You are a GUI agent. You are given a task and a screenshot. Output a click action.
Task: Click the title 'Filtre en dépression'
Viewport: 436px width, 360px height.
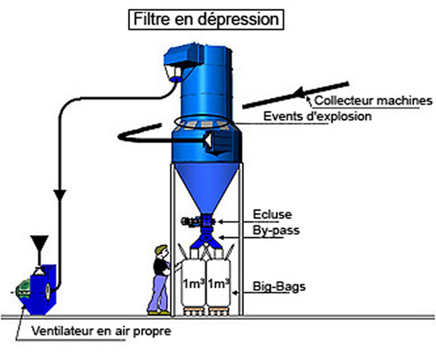(206, 19)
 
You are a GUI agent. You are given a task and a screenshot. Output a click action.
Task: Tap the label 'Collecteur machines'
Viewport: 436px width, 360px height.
(374, 100)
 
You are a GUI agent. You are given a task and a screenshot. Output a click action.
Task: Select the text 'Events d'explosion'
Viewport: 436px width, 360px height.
(318, 116)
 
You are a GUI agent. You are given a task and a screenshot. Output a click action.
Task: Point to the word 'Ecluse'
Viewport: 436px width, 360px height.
(272, 215)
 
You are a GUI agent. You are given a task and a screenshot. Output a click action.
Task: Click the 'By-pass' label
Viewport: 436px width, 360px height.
(276, 231)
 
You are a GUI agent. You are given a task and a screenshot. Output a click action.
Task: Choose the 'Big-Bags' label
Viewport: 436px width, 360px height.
(279, 287)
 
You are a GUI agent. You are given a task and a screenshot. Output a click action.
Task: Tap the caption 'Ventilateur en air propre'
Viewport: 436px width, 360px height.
(101, 331)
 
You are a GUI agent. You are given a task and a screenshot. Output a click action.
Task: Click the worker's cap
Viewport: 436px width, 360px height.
(161, 249)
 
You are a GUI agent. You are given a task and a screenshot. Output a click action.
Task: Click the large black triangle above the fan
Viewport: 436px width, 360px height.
(39, 242)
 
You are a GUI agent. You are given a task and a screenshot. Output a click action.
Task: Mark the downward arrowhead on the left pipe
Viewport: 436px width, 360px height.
(60, 195)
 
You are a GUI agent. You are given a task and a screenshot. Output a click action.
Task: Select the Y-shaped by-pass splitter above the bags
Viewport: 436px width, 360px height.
(206, 240)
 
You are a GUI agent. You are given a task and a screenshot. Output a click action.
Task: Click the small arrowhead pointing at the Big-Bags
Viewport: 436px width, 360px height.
(235, 292)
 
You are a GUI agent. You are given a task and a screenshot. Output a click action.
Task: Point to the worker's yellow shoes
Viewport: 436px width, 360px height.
(158, 313)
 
